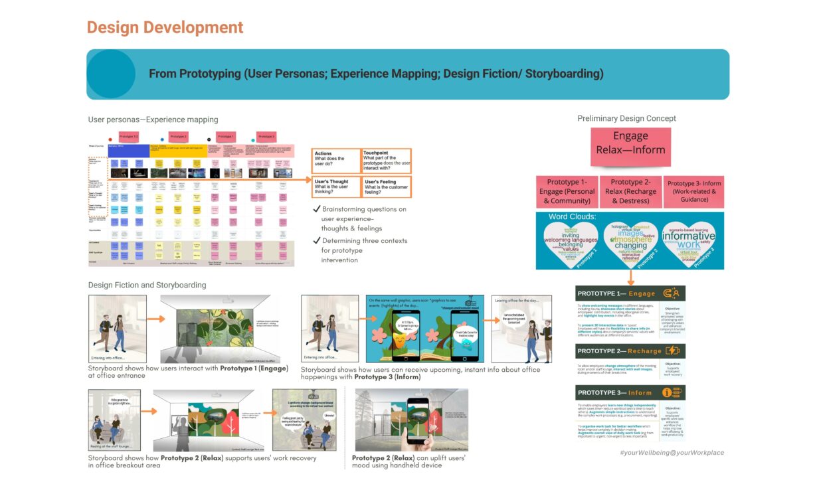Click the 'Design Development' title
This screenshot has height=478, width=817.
point(165,28)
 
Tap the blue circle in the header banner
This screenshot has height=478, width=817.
point(111,74)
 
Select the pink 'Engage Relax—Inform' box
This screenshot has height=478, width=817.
point(630,143)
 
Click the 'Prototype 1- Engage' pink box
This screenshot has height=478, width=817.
point(567,192)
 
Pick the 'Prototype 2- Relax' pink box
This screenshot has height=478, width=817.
point(630,192)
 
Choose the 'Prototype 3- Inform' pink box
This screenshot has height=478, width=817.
point(693,192)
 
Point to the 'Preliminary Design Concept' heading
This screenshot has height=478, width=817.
point(626,119)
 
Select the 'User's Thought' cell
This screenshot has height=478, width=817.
point(336,187)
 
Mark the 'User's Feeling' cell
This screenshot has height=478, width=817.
point(387,187)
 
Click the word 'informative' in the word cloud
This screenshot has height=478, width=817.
point(688,235)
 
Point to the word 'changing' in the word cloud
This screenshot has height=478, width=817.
point(630,245)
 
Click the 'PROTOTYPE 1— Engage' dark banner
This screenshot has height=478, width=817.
point(630,293)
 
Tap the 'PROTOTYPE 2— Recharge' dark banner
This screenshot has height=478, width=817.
point(630,351)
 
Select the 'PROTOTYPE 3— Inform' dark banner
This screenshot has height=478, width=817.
point(630,392)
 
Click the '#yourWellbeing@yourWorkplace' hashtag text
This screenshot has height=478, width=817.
point(671,453)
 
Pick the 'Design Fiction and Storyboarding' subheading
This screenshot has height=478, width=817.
point(147,285)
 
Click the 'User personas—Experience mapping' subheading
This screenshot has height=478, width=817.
point(153,120)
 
